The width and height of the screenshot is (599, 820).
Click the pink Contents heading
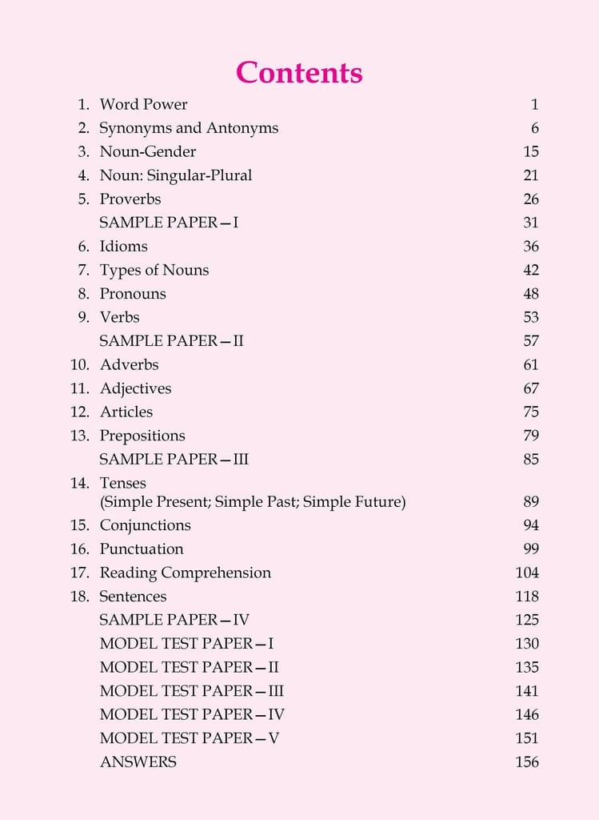click(x=299, y=73)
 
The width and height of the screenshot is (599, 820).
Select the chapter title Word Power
click(x=143, y=104)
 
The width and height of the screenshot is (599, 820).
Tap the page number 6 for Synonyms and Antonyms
click(x=534, y=128)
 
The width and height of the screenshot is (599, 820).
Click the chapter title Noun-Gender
click(x=147, y=151)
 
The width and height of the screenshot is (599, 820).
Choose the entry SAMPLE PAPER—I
click(x=169, y=223)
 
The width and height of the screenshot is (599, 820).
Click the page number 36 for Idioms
click(x=531, y=246)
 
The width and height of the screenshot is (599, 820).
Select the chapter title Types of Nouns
click(x=154, y=270)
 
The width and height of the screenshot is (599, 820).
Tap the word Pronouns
click(x=133, y=293)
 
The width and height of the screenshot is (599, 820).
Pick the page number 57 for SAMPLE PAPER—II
click(x=531, y=340)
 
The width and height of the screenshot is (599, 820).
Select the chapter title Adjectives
click(x=135, y=388)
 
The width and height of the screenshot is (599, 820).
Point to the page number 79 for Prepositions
click(x=531, y=436)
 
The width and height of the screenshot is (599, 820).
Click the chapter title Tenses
click(x=122, y=483)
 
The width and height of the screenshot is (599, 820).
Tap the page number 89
click(x=531, y=502)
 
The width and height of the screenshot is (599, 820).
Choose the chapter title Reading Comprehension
click(x=185, y=573)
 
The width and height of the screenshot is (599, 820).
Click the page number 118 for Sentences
click(x=527, y=597)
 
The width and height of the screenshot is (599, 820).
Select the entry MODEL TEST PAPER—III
click(x=191, y=691)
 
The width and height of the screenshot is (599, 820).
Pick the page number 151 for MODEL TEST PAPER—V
click(x=527, y=738)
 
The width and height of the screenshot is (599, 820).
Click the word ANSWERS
click(x=138, y=762)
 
